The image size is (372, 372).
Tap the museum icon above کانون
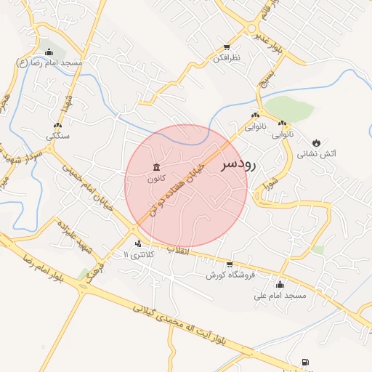[157, 167]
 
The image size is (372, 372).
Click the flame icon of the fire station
[317, 142]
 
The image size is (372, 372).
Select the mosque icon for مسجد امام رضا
[49, 52]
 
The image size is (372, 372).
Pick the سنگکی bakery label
[58, 136]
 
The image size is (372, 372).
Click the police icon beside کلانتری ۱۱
[137, 243]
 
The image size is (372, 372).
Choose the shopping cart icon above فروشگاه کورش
[230, 264]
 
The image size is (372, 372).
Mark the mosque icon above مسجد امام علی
[280, 284]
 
